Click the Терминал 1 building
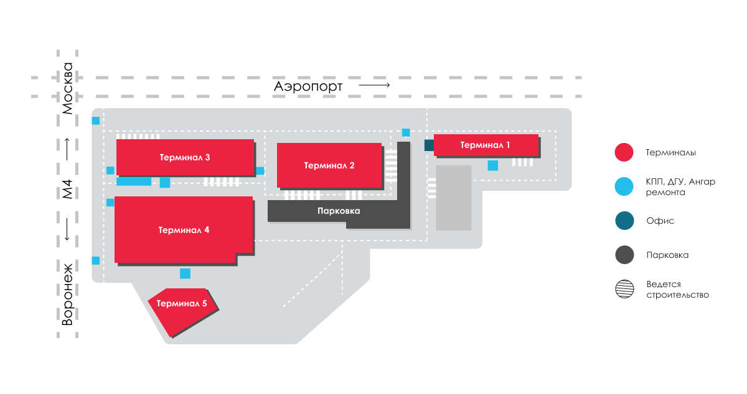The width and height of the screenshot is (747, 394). [486, 145]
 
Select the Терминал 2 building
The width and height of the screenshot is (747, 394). [329, 165]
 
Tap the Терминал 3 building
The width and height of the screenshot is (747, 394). [185, 157]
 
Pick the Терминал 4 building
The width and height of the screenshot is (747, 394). [184, 229]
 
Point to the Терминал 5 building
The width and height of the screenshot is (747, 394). [182, 311]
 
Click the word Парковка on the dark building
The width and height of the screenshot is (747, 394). [339, 211]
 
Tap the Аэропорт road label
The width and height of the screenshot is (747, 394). [308, 86]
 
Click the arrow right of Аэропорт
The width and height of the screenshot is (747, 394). [374, 85]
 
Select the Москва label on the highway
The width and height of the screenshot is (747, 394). [67, 88]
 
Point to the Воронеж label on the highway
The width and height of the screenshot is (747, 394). [67, 295]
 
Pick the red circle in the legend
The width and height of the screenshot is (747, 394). [624, 152]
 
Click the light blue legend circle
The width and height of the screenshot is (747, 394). [624, 186]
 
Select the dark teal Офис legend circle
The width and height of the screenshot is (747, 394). [624, 221]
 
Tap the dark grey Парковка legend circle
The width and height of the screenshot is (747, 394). [624, 255]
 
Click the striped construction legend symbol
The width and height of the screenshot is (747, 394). [624, 289]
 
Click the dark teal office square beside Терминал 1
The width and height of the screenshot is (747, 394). [429, 145]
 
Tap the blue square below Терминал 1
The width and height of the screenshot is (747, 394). [493, 165]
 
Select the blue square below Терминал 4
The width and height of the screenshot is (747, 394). [185, 273]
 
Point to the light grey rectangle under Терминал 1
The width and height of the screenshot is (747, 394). [453, 198]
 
